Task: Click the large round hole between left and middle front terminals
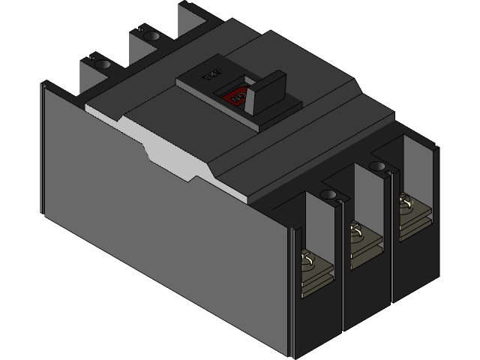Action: coord(328,195)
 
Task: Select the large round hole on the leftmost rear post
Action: coord(101,64)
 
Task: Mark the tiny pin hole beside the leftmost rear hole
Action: coord(91,56)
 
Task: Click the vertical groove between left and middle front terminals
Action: coord(341,285)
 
